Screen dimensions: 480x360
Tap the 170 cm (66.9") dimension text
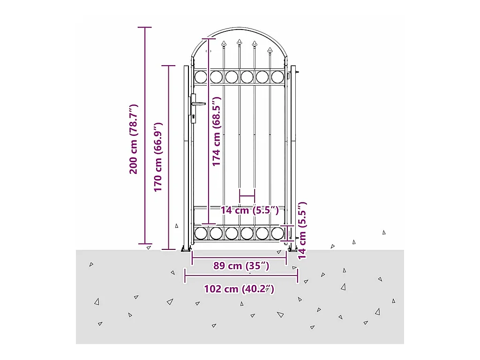158,157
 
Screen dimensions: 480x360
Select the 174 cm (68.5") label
216,132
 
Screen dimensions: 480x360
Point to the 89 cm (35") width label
241,266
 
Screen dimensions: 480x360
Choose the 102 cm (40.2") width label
239,289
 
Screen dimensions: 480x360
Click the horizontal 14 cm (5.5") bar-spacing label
253,210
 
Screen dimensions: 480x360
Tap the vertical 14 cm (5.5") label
302,230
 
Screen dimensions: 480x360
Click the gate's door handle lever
198,104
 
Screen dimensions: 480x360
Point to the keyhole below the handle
193,115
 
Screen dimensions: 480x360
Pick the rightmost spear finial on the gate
270,50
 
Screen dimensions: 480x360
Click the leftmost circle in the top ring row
201,76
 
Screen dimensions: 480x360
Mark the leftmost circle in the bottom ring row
201,233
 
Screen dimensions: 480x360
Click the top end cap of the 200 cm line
145,28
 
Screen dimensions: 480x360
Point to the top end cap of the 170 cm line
169,66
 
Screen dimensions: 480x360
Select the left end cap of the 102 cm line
185,276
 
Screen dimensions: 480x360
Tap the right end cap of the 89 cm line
286,257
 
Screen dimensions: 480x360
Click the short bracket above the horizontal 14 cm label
247,195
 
